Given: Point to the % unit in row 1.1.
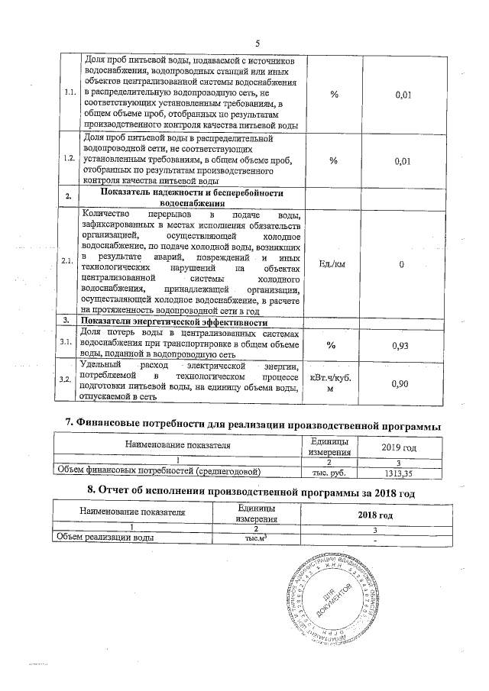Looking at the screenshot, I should coord(333,94).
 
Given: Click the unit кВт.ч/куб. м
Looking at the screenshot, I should coord(333,383).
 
